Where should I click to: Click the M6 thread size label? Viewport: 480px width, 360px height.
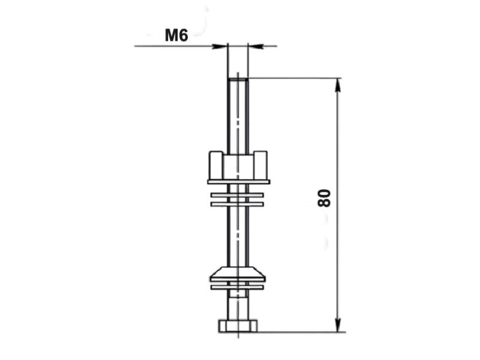pyautogui.click(x=176, y=35)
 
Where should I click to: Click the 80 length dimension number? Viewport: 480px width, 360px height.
pyautogui.click(x=325, y=198)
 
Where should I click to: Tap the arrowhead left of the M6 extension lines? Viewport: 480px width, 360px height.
pyautogui.click(x=220, y=47)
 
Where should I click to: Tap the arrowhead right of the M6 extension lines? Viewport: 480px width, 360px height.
pyautogui.click(x=256, y=47)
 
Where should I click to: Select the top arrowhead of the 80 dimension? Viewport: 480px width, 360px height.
pyautogui.click(x=338, y=85)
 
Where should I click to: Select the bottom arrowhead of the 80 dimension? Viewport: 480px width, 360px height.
pyautogui.click(x=338, y=325)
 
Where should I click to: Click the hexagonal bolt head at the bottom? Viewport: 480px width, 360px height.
pyautogui.click(x=238, y=326)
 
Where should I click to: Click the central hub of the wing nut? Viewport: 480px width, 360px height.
pyautogui.click(x=238, y=167)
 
